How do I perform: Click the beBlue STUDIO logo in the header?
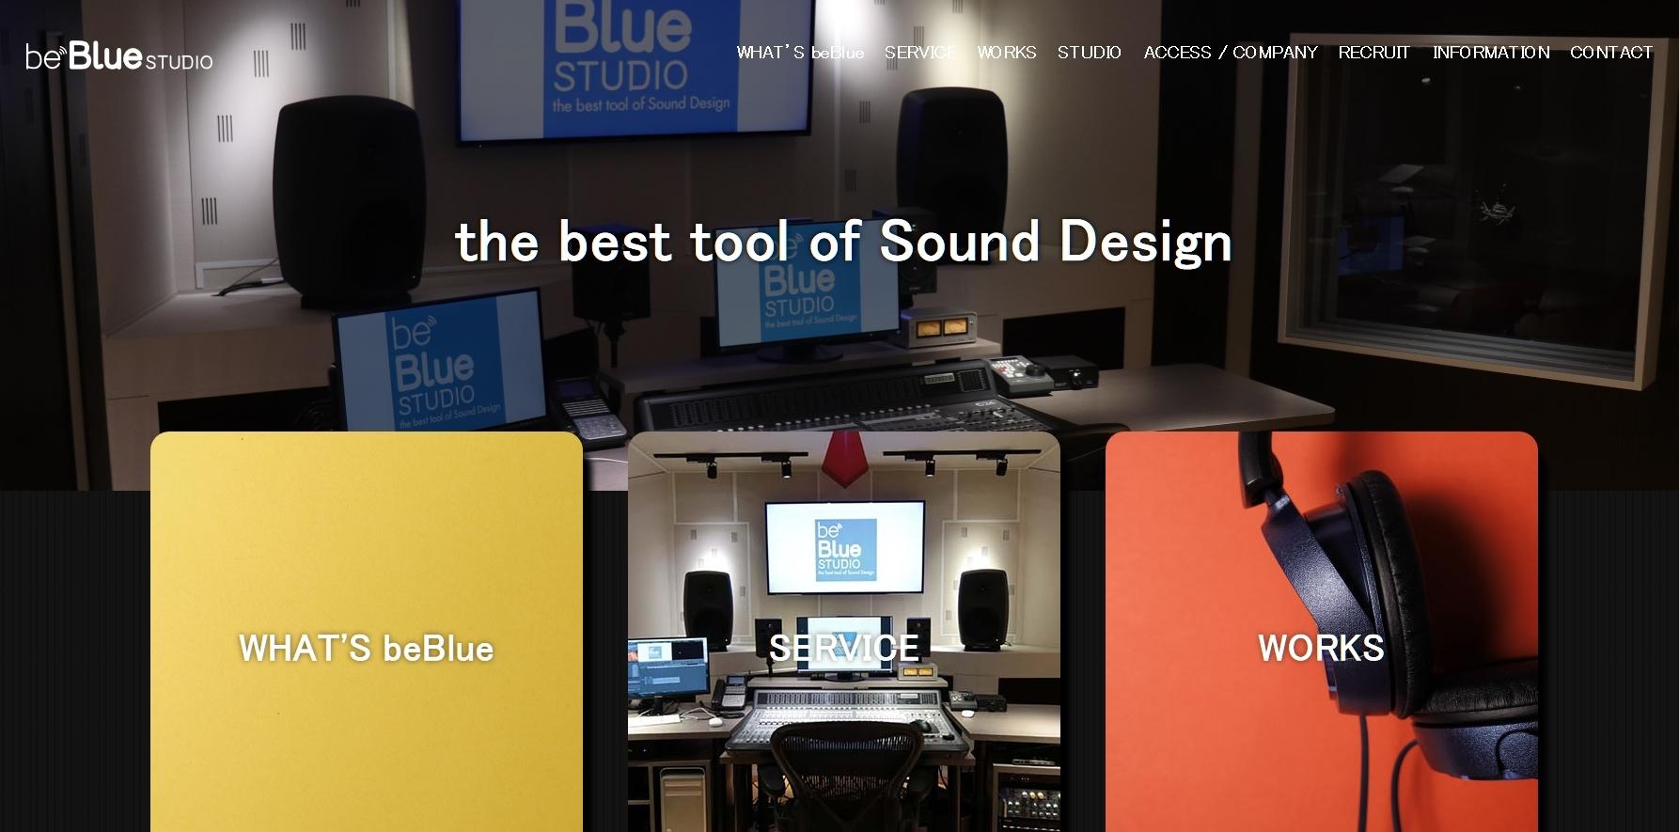[119, 56]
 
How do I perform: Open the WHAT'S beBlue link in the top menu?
[800, 53]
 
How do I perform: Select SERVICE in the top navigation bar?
[920, 53]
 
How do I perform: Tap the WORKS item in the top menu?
[1007, 53]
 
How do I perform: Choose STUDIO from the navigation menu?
[1090, 53]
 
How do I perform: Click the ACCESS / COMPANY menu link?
[1231, 53]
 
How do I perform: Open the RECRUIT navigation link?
[1374, 53]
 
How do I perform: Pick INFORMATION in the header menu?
[1491, 53]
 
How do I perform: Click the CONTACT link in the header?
[1611, 53]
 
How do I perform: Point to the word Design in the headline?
[1146, 243]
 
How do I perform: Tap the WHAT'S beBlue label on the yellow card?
[366, 648]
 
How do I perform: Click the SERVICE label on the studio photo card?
[843, 648]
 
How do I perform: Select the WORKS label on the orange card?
[1321, 648]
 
